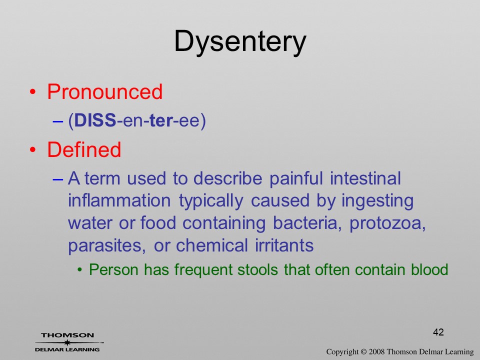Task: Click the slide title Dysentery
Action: tap(240, 42)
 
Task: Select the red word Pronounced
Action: tap(104, 91)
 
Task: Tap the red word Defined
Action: tap(84, 149)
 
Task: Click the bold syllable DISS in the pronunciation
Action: tap(95, 120)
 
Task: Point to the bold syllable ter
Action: tap(161, 120)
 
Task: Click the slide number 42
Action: tap(438, 332)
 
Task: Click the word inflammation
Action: tap(119, 201)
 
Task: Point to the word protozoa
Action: tap(387, 223)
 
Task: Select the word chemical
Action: tap(212, 245)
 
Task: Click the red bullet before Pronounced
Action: tap(33, 92)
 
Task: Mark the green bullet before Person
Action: tap(80, 269)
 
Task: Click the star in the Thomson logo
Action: tap(67, 342)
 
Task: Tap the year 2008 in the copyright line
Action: tap(376, 351)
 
